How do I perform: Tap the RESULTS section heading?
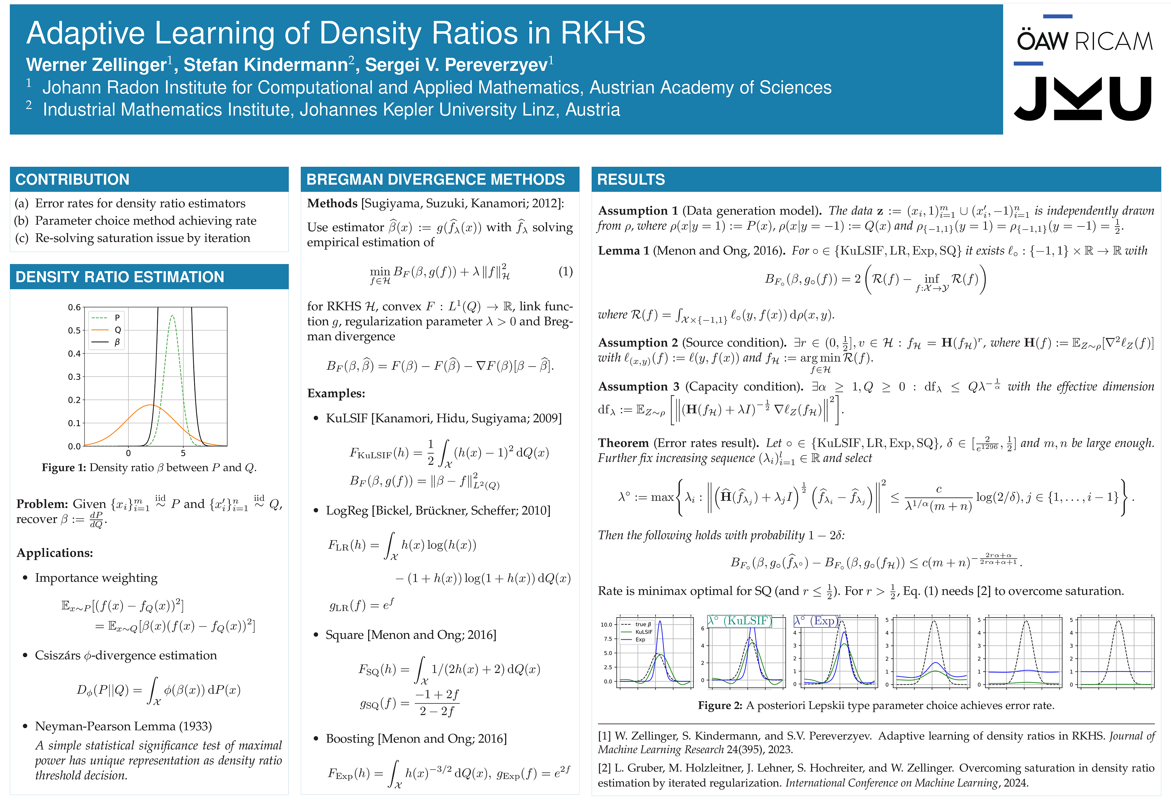(x=631, y=179)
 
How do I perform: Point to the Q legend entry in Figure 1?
(x=117, y=330)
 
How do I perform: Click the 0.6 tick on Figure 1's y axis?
(x=74, y=307)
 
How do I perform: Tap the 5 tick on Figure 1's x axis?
(x=183, y=453)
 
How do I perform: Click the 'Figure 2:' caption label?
(x=720, y=705)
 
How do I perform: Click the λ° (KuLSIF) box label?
(x=739, y=621)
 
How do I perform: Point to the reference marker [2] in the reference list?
(x=604, y=768)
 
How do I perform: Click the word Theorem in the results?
(x=623, y=443)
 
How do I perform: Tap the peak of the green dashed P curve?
(x=172, y=316)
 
